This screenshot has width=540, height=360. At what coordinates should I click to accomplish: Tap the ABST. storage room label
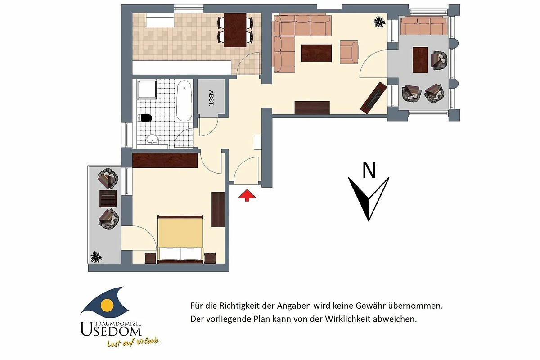pyautogui.click(x=211, y=98)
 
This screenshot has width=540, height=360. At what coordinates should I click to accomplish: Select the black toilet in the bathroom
pyautogui.click(x=144, y=118)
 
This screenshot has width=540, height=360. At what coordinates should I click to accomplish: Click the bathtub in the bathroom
pyautogui.click(x=184, y=101)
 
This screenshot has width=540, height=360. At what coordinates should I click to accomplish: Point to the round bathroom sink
pyautogui.click(x=153, y=139)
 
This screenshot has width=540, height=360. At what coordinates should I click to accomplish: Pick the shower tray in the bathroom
pyautogui.click(x=147, y=89)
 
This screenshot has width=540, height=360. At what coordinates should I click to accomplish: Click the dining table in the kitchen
pyautogui.click(x=235, y=30)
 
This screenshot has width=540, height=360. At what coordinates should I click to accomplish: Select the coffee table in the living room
pyautogui.click(x=316, y=53)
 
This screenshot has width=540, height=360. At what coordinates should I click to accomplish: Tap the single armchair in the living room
pyautogui.click(x=349, y=52)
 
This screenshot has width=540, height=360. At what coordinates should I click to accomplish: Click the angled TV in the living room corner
pyautogui.click(x=373, y=98)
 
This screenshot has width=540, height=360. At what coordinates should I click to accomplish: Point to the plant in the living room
pyautogui.click(x=380, y=22)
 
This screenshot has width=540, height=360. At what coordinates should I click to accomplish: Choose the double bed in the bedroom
pyautogui.click(x=180, y=239)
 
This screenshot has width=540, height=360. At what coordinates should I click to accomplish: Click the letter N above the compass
pyautogui.click(x=369, y=170)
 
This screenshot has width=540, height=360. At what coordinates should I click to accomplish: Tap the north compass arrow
pyautogui.click(x=369, y=199)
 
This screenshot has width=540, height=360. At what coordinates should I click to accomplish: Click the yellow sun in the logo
pyautogui.click(x=107, y=305)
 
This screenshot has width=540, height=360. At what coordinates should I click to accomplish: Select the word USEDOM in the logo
pyautogui.click(x=111, y=329)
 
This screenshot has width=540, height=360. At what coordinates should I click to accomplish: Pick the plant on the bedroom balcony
pyautogui.click(x=96, y=257)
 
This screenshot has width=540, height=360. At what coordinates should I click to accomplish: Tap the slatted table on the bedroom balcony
pyautogui.click(x=108, y=199)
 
